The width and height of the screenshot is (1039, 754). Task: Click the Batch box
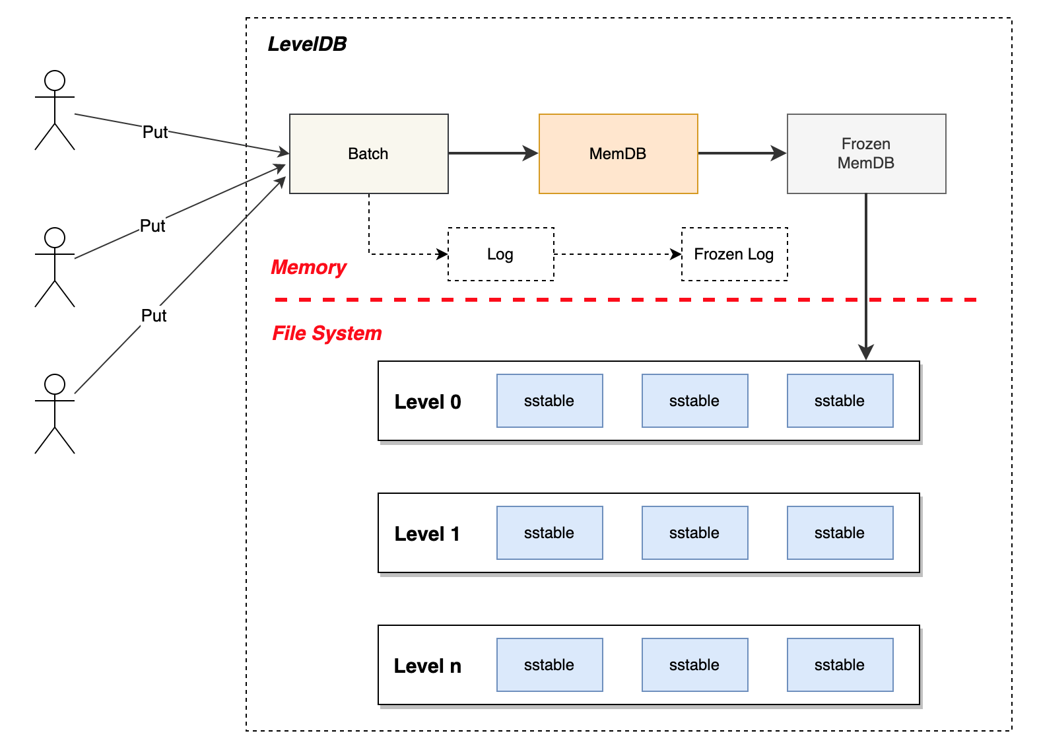click(368, 154)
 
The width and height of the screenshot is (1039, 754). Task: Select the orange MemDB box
click(618, 154)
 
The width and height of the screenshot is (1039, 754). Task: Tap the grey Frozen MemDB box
click(866, 154)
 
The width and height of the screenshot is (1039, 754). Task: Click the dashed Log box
click(500, 254)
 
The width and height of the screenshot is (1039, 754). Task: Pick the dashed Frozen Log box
click(734, 254)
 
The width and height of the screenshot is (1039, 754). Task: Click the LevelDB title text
click(307, 44)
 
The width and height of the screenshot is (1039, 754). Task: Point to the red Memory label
click(308, 267)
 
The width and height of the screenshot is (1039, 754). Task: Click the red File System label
click(327, 333)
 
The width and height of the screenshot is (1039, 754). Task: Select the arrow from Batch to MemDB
click(492, 153)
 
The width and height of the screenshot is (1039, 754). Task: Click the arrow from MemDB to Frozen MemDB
click(741, 153)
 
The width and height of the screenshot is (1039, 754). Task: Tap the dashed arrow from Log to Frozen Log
click(617, 254)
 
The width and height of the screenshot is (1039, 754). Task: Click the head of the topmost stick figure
click(55, 81)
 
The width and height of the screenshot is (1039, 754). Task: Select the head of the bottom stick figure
click(55, 384)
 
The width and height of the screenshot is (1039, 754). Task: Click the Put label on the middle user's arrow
click(152, 226)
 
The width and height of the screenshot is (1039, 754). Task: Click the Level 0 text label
click(428, 401)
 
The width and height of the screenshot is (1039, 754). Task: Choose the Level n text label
click(428, 666)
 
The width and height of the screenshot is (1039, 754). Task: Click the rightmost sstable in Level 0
click(840, 401)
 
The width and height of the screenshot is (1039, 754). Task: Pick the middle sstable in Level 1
click(694, 533)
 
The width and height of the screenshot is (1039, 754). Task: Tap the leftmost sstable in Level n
click(549, 665)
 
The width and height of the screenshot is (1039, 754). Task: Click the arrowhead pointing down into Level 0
click(866, 352)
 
